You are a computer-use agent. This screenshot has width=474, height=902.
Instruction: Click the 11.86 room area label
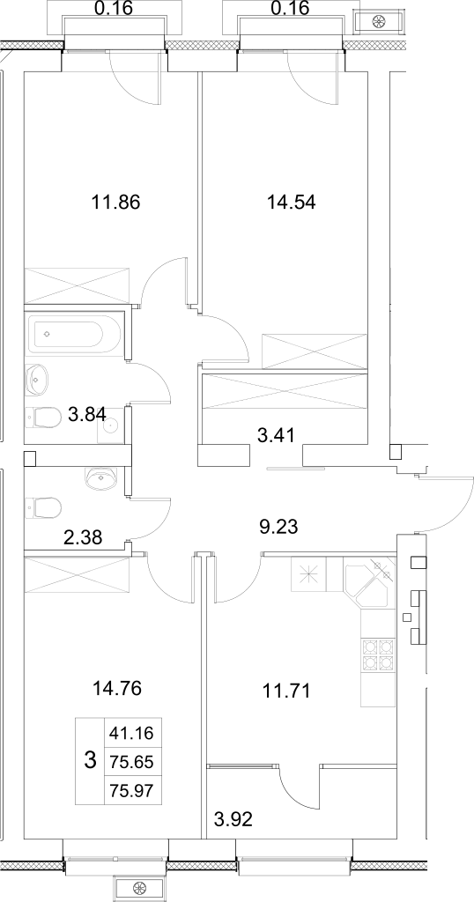point(116,202)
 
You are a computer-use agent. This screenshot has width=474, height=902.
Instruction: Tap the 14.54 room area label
point(291,202)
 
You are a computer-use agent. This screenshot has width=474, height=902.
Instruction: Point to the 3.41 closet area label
point(275,433)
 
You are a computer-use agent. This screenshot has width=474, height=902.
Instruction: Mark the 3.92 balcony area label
point(233,821)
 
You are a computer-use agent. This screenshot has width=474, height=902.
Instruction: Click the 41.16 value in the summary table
point(130,731)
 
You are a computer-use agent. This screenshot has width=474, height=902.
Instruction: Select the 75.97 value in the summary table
point(130,790)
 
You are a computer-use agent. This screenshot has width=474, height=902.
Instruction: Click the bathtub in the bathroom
point(74,335)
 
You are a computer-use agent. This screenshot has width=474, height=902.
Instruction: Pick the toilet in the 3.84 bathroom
point(45,416)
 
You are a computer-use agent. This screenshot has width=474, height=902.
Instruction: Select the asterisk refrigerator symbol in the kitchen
point(308,577)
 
